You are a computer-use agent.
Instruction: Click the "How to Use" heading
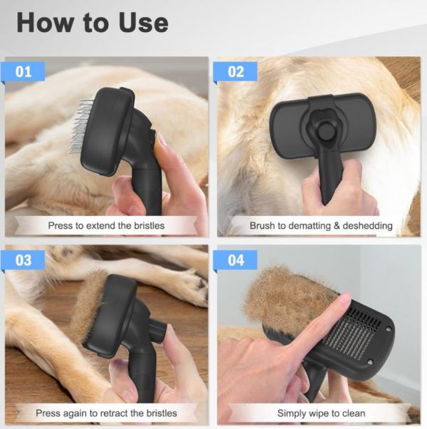93,23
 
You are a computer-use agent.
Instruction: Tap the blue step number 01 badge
24,72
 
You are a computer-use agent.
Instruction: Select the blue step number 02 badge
236,72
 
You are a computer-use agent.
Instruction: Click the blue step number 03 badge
24,260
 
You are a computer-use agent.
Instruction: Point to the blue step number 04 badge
236,260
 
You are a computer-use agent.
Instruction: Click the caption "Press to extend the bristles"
106,226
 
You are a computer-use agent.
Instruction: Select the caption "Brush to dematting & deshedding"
321,226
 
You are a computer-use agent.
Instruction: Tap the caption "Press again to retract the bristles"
106,413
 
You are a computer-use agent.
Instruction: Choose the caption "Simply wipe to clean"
321,413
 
